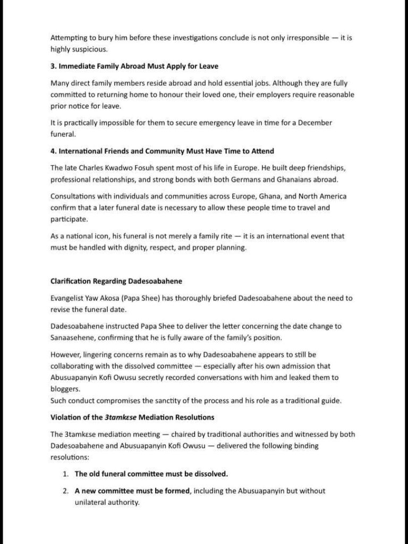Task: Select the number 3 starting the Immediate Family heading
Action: point(53,66)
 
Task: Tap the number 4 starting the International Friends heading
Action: point(53,151)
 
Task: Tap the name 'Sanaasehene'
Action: point(72,337)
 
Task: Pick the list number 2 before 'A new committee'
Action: point(65,491)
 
